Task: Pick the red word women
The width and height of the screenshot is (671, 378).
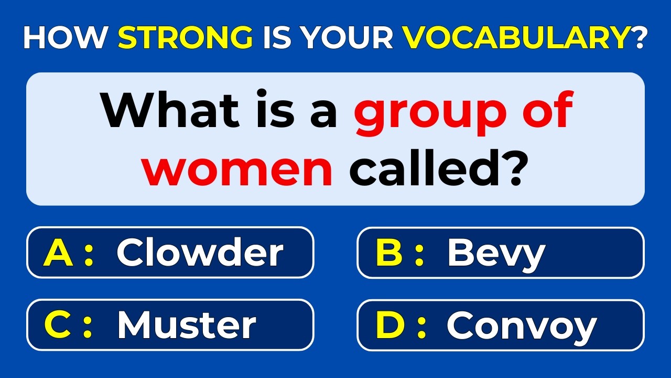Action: [x=239, y=170]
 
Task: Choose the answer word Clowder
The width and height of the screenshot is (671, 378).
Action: [x=200, y=253]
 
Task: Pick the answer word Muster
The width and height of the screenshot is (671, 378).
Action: [x=187, y=325]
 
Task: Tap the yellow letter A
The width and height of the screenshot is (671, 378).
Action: [x=58, y=253]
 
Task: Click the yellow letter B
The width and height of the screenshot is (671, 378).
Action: [x=388, y=253]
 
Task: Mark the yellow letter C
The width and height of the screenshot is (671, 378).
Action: [x=58, y=325]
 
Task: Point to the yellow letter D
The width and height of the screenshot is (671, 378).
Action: [x=389, y=325]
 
